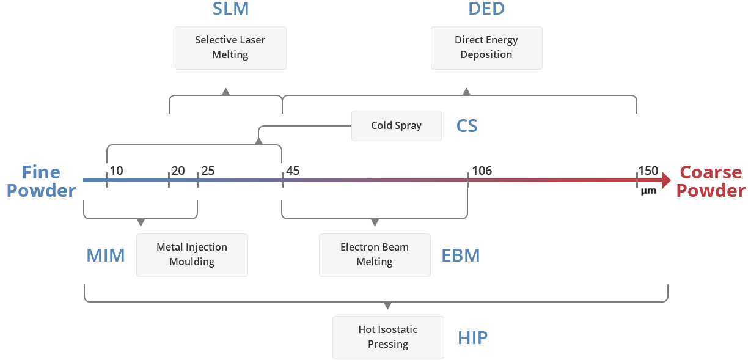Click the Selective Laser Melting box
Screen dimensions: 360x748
click(230, 48)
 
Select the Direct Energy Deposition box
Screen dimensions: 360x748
click(486, 48)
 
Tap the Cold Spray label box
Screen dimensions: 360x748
click(396, 126)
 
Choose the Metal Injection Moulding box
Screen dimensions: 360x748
click(192, 255)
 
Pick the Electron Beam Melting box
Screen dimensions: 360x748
click(375, 255)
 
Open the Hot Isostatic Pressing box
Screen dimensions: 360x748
click(388, 337)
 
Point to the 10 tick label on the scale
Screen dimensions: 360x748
click(116, 171)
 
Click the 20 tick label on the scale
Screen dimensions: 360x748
click(178, 171)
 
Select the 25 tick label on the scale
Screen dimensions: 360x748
click(208, 171)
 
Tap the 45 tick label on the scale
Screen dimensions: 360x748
click(293, 171)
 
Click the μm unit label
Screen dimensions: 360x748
click(648, 191)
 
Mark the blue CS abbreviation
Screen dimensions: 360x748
click(467, 127)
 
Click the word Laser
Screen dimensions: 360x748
click(252, 40)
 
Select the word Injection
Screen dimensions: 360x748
click(207, 248)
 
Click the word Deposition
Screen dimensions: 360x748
click(486, 55)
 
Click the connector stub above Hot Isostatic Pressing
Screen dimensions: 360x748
click(387, 307)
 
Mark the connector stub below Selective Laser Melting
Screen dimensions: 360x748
click(226, 90)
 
